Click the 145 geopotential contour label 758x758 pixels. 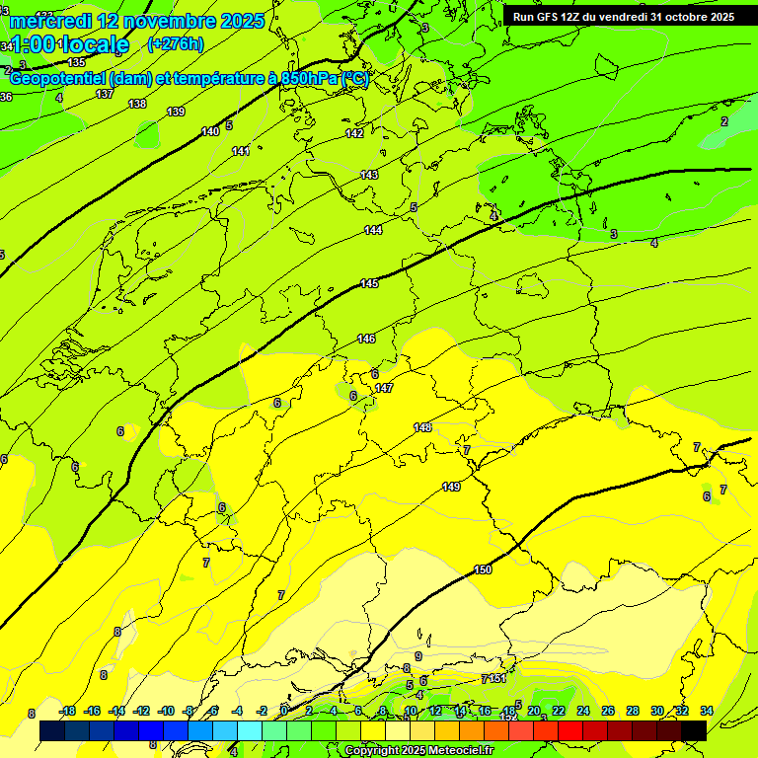coord(369,284)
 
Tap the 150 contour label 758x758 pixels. coord(483,569)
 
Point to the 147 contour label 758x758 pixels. coord(384,388)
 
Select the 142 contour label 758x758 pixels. coord(354,133)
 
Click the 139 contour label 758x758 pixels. coord(176,112)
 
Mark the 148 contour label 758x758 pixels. coord(422,427)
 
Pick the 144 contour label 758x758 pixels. coord(373,230)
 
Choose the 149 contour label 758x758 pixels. coord(451,487)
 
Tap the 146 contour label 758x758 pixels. coord(366,339)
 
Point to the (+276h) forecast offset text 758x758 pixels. coord(176,43)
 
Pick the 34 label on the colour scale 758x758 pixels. coord(707,711)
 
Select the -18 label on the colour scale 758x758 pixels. coord(68,711)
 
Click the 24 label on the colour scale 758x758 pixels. coord(583,711)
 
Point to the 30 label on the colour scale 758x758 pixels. coord(657,711)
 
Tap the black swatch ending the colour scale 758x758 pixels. coord(694,730)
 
